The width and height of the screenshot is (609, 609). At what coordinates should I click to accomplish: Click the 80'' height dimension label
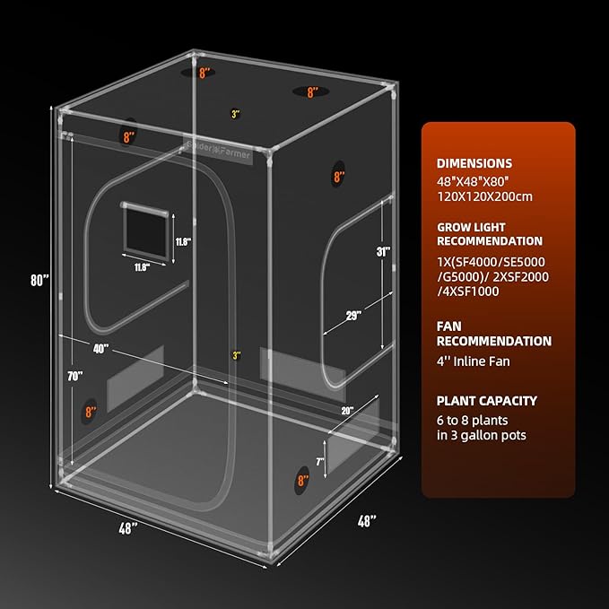(39, 280)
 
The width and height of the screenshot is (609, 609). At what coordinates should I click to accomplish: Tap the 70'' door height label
(74, 375)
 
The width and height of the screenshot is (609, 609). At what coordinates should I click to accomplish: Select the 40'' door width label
(100, 347)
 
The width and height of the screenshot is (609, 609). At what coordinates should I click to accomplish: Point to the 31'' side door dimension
(384, 252)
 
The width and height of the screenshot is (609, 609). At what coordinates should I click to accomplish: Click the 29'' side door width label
(352, 315)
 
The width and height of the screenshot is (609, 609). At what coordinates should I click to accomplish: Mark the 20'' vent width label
(347, 410)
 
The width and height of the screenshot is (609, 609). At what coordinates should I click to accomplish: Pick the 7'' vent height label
(319, 462)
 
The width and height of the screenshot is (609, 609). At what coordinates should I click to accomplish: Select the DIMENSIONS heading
(474, 164)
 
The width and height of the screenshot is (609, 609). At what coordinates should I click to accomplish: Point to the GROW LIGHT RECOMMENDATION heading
(489, 233)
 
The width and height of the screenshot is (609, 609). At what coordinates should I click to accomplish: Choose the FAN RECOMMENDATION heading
(493, 334)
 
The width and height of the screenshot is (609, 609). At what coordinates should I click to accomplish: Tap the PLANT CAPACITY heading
(486, 401)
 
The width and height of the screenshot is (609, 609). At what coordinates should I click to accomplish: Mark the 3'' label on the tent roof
(235, 114)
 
